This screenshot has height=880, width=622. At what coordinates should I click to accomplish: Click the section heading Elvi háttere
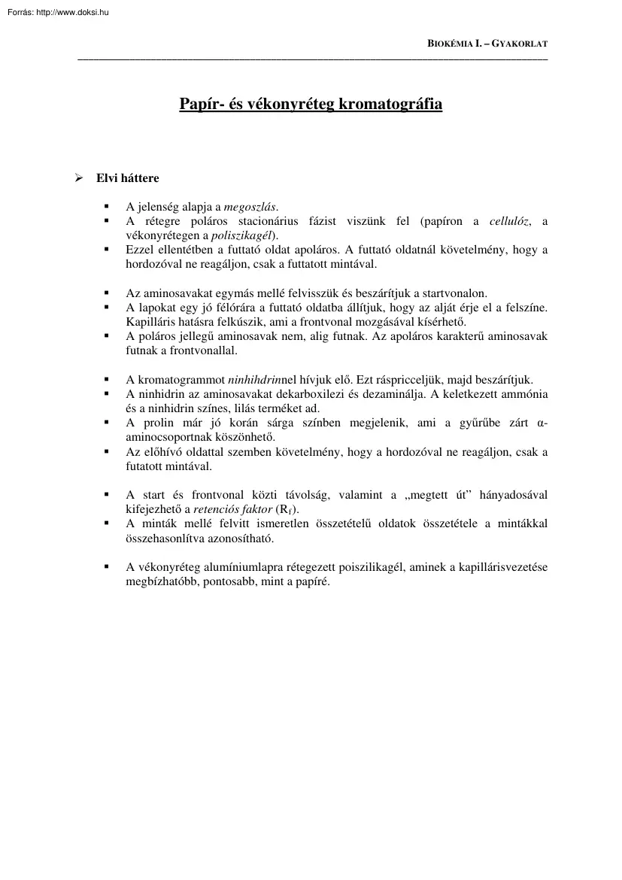point(127,178)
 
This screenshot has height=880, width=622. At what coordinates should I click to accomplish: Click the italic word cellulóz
point(509,221)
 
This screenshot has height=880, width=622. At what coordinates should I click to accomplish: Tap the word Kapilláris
point(151,321)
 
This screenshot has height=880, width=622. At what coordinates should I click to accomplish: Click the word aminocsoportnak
point(166,436)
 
